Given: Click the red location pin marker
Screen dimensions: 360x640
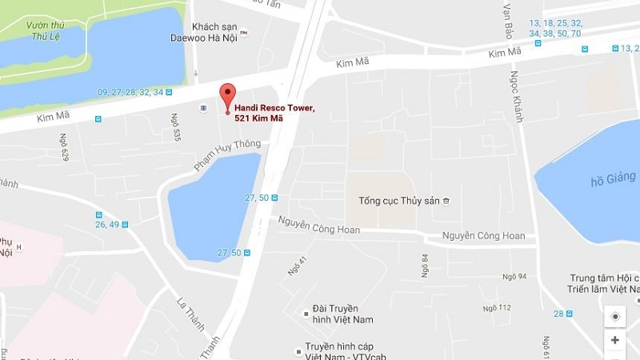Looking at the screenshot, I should pyautogui.click(x=227, y=95).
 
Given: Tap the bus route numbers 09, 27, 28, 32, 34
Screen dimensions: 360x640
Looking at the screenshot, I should pyautogui.click(x=130, y=92).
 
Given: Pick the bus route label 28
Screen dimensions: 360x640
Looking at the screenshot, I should pyautogui.click(x=558, y=313).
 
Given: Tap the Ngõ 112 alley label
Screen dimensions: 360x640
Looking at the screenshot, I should pyautogui.click(x=497, y=307).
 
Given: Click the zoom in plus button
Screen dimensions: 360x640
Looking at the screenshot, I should pyautogui.click(x=615, y=340).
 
